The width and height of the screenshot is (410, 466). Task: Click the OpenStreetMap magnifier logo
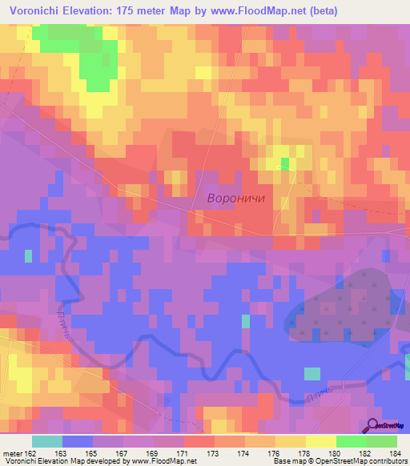(x=373, y=427)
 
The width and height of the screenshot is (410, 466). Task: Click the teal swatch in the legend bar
(x=47, y=441)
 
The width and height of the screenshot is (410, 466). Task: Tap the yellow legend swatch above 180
(x=321, y=441)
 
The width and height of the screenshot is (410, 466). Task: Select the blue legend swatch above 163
(x=78, y=441)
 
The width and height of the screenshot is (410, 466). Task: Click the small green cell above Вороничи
(x=284, y=164)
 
